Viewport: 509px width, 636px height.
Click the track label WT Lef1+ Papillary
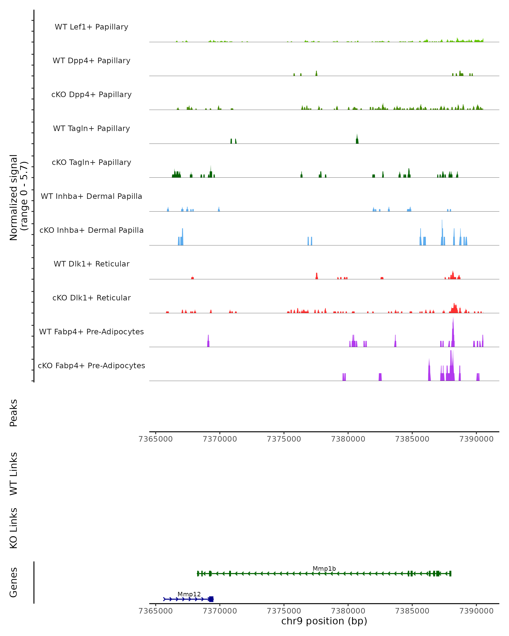pos(91,27)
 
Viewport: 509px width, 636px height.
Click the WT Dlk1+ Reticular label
pos(91,264)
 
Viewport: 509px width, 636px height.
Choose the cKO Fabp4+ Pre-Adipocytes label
pos(91,365)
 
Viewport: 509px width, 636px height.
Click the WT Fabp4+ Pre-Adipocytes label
pos(91,332)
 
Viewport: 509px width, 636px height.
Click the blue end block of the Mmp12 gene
pos(211,599)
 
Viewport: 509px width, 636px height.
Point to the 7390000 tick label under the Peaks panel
pos(476,439)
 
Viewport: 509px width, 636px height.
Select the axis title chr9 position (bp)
pos(324,621)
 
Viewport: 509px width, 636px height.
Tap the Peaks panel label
pos(14,413)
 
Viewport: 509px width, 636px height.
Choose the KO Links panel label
pos(14,528)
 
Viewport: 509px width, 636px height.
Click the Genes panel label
pos(14,582)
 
